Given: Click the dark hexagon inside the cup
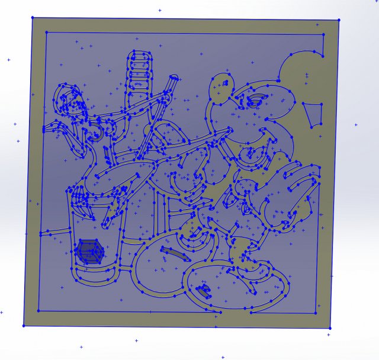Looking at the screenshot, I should click(x=89, y=251).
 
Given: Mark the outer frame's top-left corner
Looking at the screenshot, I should click(x=32, y=18).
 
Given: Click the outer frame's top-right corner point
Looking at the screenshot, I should click(x=339, y=20).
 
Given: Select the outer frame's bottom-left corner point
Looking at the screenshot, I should click(x=24, y=325).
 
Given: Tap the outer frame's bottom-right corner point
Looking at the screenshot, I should click(x=330, y=328).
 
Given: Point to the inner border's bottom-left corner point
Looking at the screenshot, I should click(x=39, y=310).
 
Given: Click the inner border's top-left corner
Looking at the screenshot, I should click(x=45, y=31).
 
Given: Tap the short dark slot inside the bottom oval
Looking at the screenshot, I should click(x=204, y=291).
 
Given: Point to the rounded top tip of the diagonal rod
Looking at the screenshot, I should click(x=174, y=78).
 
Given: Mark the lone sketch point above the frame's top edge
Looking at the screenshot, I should click(x=159, y=10).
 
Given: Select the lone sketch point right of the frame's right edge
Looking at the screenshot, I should click(x=356, y=125).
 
